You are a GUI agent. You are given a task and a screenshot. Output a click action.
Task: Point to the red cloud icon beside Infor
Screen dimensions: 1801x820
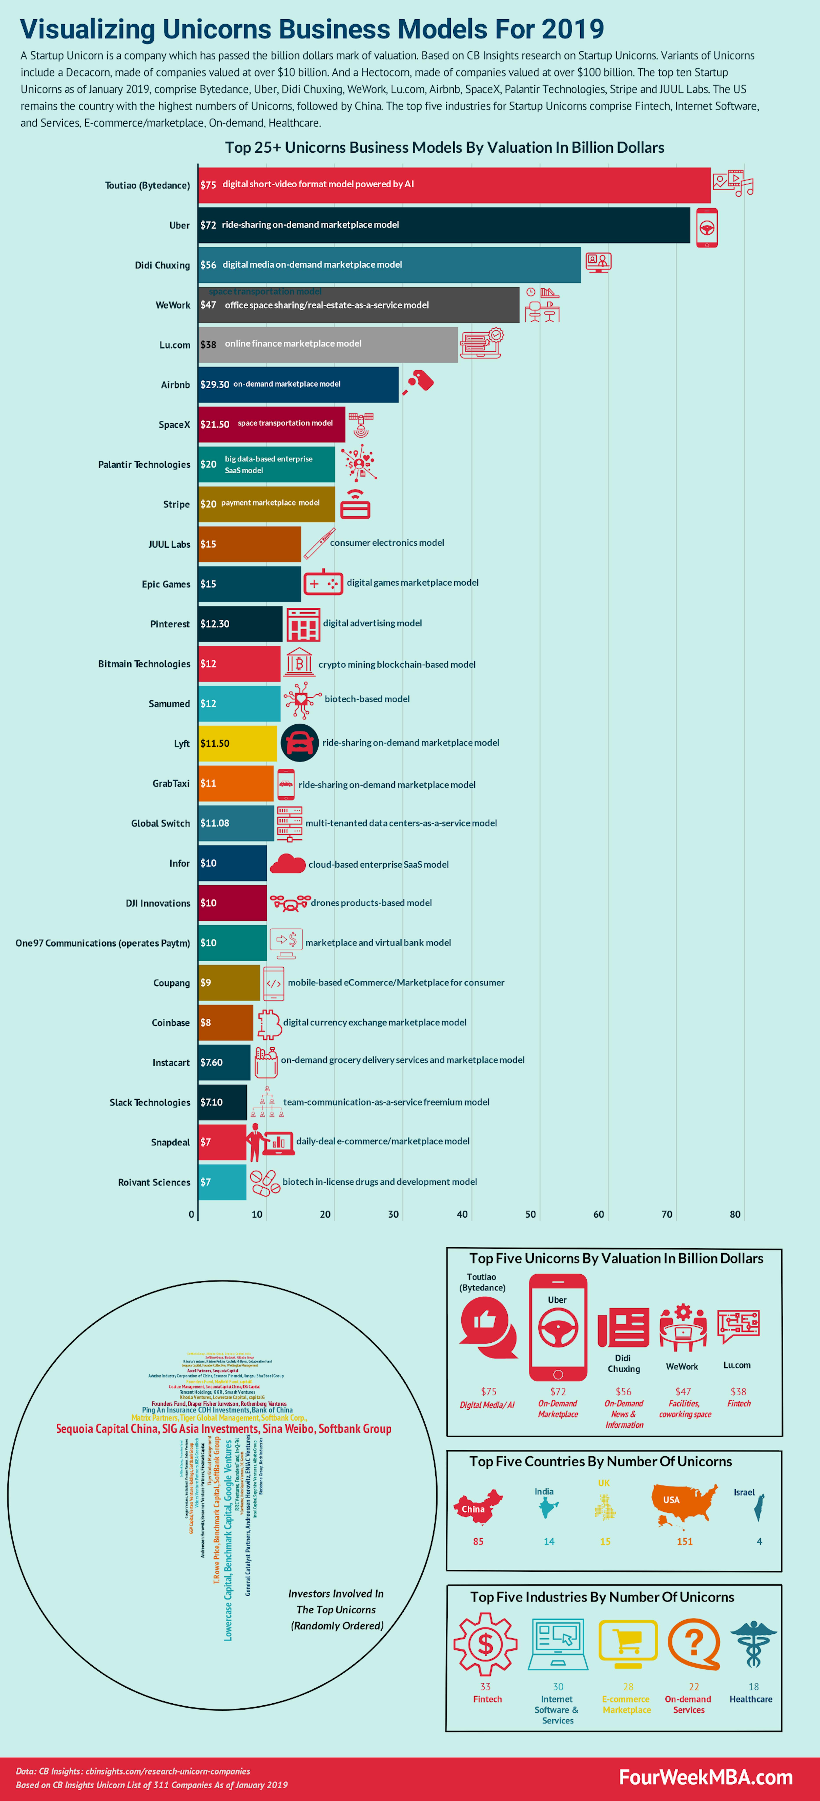(x=287, y=864)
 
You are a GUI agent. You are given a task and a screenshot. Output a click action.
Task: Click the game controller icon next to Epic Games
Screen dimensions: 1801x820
(x=323, y=582)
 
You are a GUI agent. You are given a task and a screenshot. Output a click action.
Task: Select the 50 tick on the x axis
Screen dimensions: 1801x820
(x=531, y=1214)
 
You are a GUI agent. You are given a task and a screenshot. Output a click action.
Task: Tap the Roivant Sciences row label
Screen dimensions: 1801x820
(x=154, y=1182)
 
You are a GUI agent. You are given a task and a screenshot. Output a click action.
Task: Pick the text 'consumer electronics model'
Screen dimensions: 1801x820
(x=386, y=543)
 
